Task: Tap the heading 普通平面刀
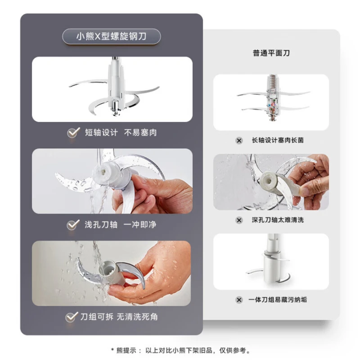(271, 53)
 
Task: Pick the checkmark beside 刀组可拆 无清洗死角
(72, 317)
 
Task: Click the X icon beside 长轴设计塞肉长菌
(239, 140)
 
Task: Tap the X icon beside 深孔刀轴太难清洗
(239, 220)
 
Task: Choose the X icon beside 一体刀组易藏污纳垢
(239, 300)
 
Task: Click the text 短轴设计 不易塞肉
(121, 133)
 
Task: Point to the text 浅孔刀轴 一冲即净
(121, 224)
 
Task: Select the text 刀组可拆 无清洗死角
(119, 317)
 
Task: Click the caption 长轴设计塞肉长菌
(278, 140)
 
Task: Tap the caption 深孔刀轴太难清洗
(278, 220)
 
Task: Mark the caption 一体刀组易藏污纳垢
(278, 300)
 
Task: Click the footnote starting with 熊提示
(180, 350)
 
